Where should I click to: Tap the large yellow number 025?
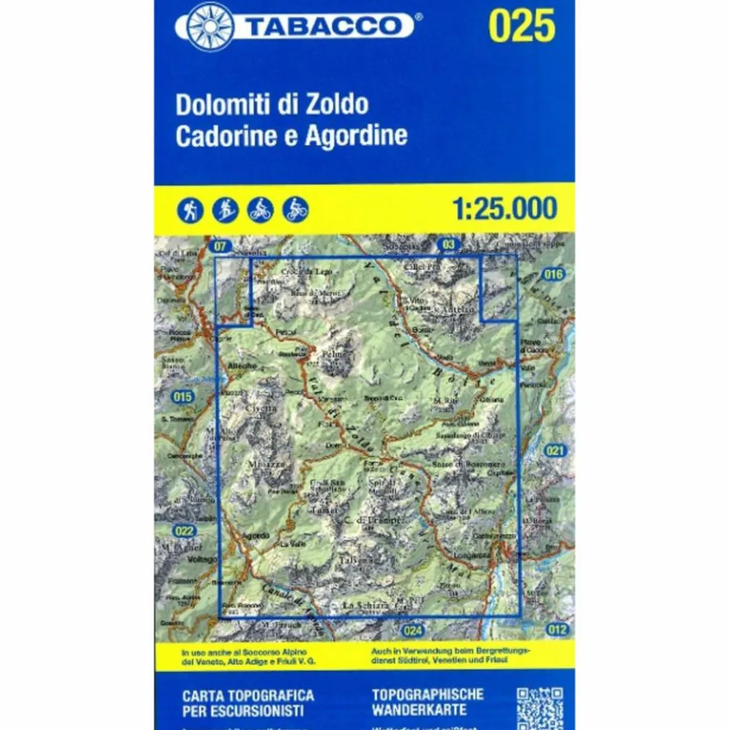point(522,27)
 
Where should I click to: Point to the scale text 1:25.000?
point(504,208)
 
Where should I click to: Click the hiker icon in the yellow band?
point(191,211)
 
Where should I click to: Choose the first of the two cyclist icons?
point(260,211)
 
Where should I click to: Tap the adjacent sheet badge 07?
point(218,246)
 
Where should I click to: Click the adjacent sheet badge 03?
point(447,243)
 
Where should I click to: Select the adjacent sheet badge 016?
point(553,274)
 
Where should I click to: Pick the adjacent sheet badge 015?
point(182,397)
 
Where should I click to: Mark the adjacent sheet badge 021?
point(555,450)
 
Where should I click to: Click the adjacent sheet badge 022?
point(184,530)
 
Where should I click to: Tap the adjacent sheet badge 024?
point(413,631)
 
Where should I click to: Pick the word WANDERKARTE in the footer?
point(420,710)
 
